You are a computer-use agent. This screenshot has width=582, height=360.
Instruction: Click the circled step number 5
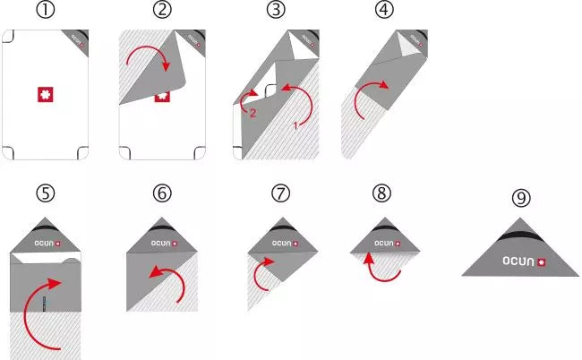(x=45, y=193)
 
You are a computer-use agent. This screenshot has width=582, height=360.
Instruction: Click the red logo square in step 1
(x=45, y=94)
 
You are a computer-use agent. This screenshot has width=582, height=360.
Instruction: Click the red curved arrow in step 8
(x=383, y=267)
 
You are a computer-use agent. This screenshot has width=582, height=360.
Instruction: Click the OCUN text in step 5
(x=38, y=243)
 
